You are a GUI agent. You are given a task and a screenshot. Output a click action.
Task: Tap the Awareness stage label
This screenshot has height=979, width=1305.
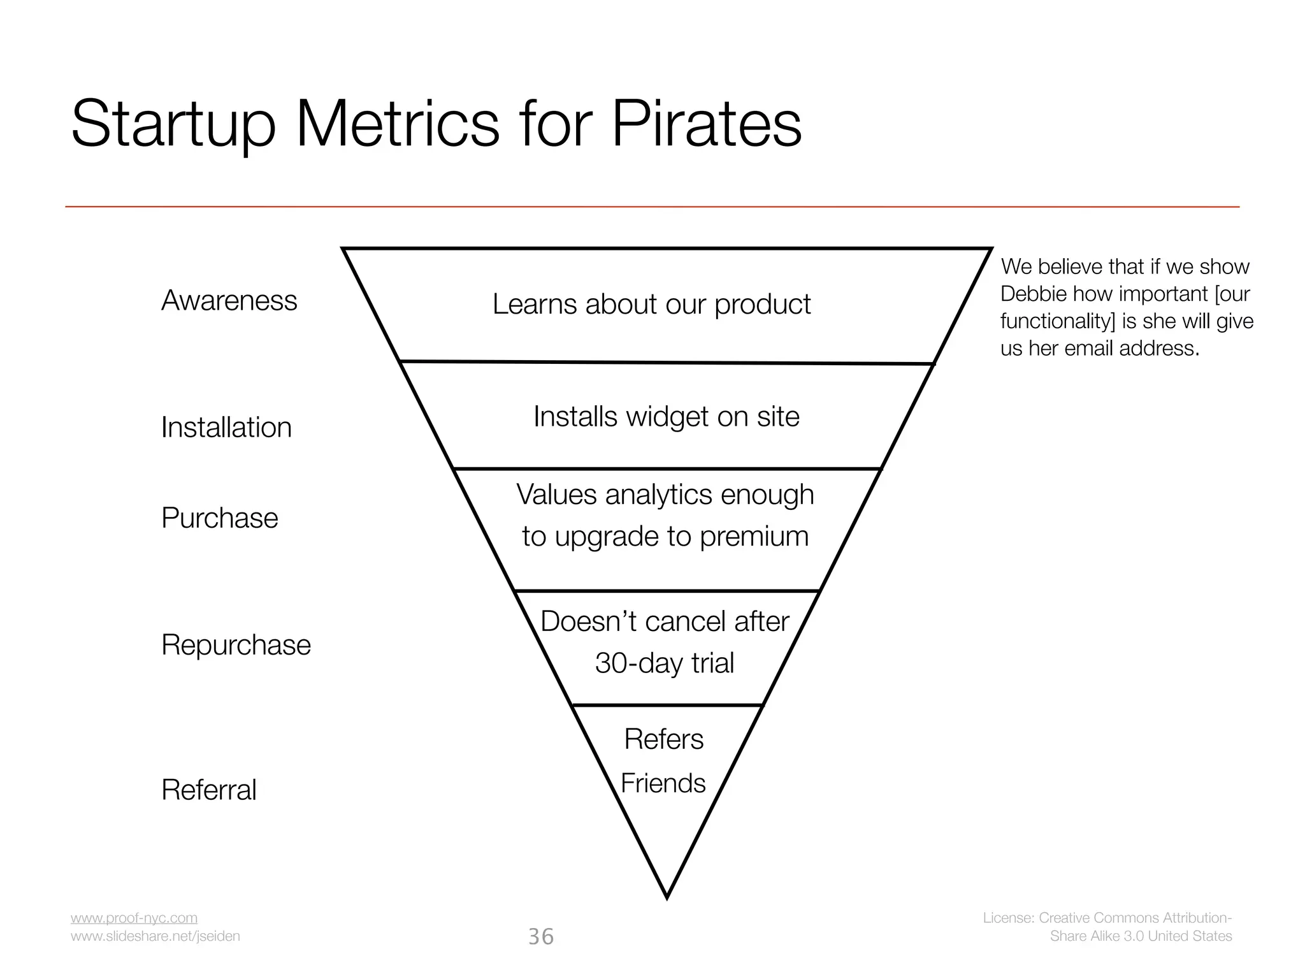click(x=229, y=300)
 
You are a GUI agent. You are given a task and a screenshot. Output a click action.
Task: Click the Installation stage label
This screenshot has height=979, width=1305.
click(x=226, y=427)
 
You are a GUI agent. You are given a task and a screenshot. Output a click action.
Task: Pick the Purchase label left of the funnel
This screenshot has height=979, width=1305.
click(x=220, y=518)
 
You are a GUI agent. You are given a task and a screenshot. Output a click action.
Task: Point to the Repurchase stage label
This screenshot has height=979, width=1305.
click(x=236, y=644)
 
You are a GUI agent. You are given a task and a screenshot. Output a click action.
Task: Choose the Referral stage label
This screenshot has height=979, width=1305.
click(x=209, y=790)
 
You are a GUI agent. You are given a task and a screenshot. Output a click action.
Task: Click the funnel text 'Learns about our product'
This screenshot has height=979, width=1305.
click(x=651, y=304)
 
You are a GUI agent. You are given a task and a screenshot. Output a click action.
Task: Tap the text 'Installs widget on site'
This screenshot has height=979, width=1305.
click(x=666, y=416)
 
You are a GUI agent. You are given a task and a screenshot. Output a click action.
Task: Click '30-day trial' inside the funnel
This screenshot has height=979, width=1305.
click(x=664, y=663)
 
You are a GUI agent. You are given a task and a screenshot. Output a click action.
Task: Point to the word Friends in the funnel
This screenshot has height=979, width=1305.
click(x=663, y=783)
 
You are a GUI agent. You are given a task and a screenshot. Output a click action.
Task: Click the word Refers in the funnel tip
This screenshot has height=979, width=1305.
click(x=663, y=739)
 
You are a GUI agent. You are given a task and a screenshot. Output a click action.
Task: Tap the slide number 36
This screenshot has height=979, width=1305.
click(x=541, y=936)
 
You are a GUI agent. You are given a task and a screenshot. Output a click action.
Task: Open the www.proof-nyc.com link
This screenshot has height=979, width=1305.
click(x=134, y=918)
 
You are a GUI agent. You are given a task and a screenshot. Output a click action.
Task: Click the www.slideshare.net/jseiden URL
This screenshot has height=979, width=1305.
click(x=155, y=936)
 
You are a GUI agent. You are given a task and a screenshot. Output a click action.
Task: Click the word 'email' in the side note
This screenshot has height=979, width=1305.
click(x=1089, y=348)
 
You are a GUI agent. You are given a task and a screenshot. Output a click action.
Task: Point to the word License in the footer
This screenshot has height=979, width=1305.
click(x=1007, y=918)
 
